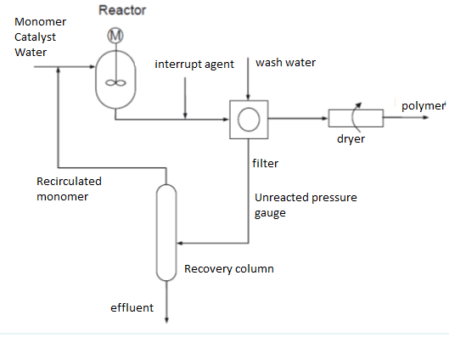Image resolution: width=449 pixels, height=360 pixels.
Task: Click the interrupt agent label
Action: (194, 65)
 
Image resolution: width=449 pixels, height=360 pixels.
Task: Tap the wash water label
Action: (287, 63)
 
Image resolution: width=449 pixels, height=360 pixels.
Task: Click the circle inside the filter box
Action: (248, 119)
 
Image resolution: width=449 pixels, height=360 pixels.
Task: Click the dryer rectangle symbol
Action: (357, 118)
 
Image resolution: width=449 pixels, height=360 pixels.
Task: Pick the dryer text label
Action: (351, 139)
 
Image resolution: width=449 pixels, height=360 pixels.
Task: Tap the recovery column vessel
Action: (165, 230)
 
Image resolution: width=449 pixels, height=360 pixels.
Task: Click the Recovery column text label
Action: (229, 269)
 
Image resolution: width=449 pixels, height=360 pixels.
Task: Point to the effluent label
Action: (132, 307)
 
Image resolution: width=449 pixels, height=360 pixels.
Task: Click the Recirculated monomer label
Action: (69, 188)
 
